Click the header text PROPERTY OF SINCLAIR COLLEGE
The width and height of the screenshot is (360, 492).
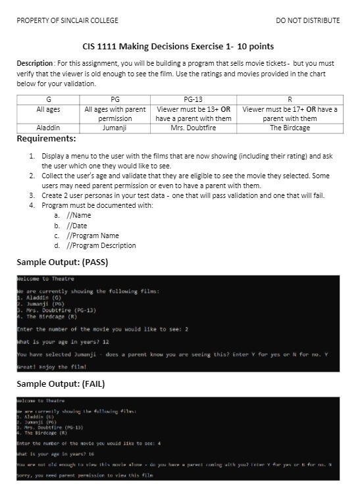click(67, 20)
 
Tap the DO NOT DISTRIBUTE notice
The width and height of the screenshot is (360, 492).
click(308, 20)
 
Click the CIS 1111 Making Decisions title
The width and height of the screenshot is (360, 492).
click(178, 47)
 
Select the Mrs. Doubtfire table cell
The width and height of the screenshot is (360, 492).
click(193, 128)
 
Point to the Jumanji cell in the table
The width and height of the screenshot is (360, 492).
click(115, 128)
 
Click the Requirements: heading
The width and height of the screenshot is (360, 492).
click(46, 139)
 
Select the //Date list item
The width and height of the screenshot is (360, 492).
click(76, 225)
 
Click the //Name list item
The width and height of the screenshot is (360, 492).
click(78, 215)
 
